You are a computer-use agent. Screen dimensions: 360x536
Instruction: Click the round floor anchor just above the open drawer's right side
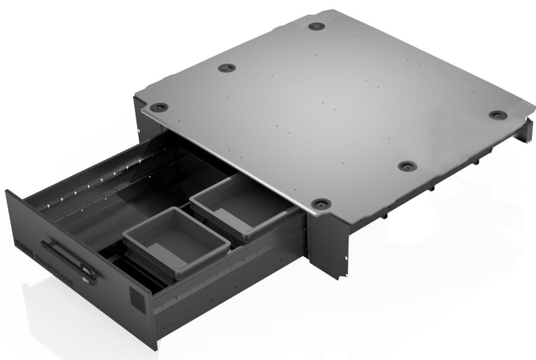320,204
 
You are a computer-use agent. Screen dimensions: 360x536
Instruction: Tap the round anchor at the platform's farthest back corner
316,27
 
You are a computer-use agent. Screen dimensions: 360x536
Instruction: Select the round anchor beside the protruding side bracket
498,115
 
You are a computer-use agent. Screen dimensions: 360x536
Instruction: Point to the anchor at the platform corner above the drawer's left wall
158,108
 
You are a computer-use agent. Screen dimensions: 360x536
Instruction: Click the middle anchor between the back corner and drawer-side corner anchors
227,68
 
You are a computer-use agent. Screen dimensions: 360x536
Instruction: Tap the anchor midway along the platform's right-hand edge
407,166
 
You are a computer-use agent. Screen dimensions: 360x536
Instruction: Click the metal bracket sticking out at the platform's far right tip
528,128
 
